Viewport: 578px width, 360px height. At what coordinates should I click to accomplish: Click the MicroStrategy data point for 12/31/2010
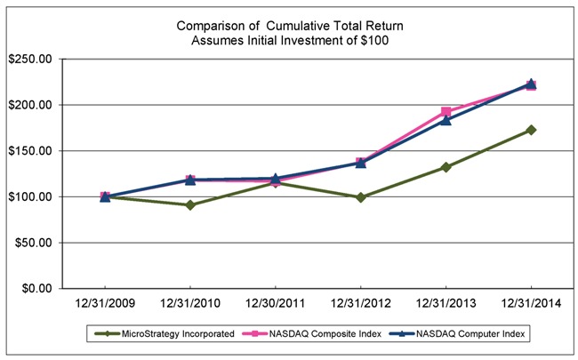tap(190, 205)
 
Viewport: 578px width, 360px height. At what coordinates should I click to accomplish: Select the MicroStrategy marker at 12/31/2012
tap(360, 197)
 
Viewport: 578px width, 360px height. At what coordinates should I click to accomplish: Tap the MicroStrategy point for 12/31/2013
tap(446, 167)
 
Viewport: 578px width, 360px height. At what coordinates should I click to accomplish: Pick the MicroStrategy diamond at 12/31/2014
tap(531, 130)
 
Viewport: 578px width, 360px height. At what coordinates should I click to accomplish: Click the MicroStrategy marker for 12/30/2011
tap(275, 182)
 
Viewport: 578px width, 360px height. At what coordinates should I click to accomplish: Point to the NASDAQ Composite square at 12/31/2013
tap(446, 112)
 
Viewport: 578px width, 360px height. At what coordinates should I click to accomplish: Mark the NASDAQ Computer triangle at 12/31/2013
tap(446, 119)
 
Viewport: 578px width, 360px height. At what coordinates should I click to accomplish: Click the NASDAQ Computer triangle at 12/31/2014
tap(531, 84)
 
